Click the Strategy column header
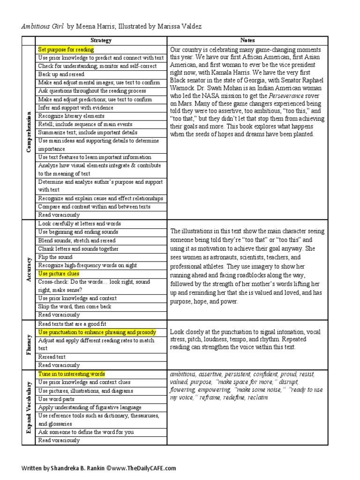tap(101, 40)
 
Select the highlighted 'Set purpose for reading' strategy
tap(66, 49)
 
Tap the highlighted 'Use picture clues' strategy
tap(59, 273)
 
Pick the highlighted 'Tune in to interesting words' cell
tap(72, 374)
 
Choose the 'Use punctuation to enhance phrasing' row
tap(97, 332)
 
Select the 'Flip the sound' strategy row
tap(55, 257)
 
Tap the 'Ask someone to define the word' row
tap(86, 432)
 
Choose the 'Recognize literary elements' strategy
tap(71, 116)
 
